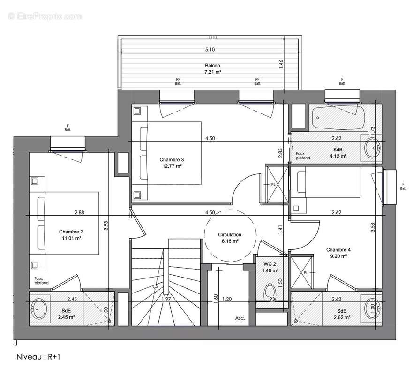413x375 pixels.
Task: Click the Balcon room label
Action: click(212, 66)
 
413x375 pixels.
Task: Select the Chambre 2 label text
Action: click(71, 232)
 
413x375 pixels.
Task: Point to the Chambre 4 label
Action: click(338, 250)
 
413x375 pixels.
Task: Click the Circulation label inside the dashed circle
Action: click(230, 234)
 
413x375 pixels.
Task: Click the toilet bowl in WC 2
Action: click(270, 292)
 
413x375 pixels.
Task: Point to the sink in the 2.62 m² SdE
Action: click(373, 309)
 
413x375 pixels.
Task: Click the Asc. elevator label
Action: click(240, 317)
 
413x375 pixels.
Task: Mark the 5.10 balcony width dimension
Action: click(210, 50)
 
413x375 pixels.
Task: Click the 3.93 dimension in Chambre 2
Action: click(106, 225)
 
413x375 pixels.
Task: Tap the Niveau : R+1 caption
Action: click(39, 357)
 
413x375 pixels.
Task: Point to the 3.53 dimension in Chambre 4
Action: click(372, 228)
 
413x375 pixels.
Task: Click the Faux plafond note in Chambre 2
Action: click(41, 280)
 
